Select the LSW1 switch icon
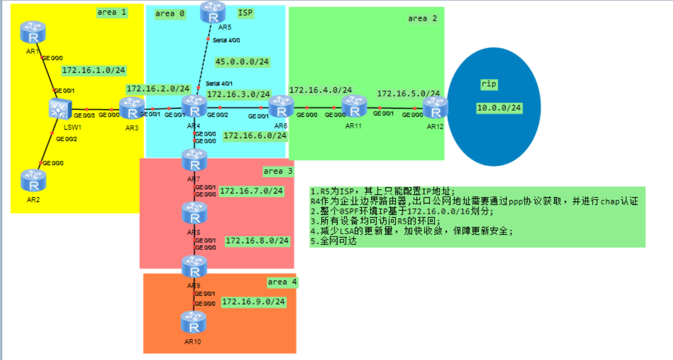tap(59, 109)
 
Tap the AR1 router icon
tap(33, 32)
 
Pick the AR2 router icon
tap(33, 180)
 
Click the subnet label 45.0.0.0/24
tap(242, 61)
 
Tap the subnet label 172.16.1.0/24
tap(94, 70)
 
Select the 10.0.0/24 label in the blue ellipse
tap(499, 108)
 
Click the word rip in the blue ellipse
tap(489, 84)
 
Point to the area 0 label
tap(170, 14)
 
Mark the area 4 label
tap(282, 282)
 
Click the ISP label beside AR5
tap(245, 13)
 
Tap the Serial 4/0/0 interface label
tap(227, 40)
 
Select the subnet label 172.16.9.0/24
tap(253, 302)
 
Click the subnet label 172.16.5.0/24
tap(408, 93)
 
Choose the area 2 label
tap(422, 18)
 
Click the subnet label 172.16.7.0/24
tap(251, 191)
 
